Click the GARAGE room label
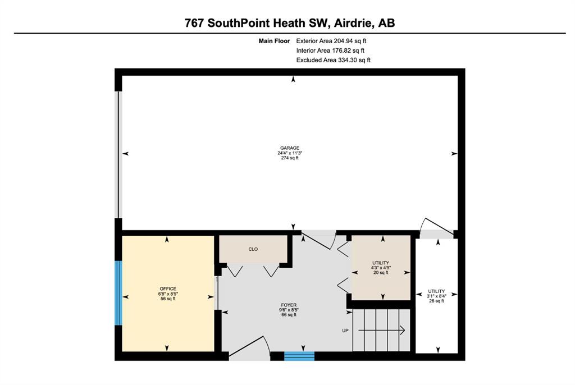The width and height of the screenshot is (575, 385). coord(290,148)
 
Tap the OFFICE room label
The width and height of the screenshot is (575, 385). coord(168,289)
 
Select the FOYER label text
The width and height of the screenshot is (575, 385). coord(289,305)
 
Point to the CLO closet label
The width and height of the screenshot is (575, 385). coord(253,249)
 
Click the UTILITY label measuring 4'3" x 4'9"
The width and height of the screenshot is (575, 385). coord(381,263)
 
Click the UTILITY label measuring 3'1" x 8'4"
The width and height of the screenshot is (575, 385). coord(436,291)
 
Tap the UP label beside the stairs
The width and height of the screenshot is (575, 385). coord(345,331)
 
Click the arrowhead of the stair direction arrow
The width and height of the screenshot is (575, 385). coord(402,331)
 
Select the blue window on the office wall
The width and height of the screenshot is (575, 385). coord(118,293)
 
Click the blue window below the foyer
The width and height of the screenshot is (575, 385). coord(299,356)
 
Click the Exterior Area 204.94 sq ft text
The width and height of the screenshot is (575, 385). coord(331,41)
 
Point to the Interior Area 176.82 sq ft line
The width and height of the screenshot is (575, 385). coord(330,51)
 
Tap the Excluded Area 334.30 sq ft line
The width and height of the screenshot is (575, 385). coord(334,60)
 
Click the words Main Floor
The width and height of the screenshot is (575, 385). coord(274,41)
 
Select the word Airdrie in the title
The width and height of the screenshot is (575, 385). coord(354,23)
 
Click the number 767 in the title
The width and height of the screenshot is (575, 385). coord(194,23)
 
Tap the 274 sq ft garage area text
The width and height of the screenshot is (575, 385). coord(290,158)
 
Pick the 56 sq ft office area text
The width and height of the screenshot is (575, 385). coord(168,299)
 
